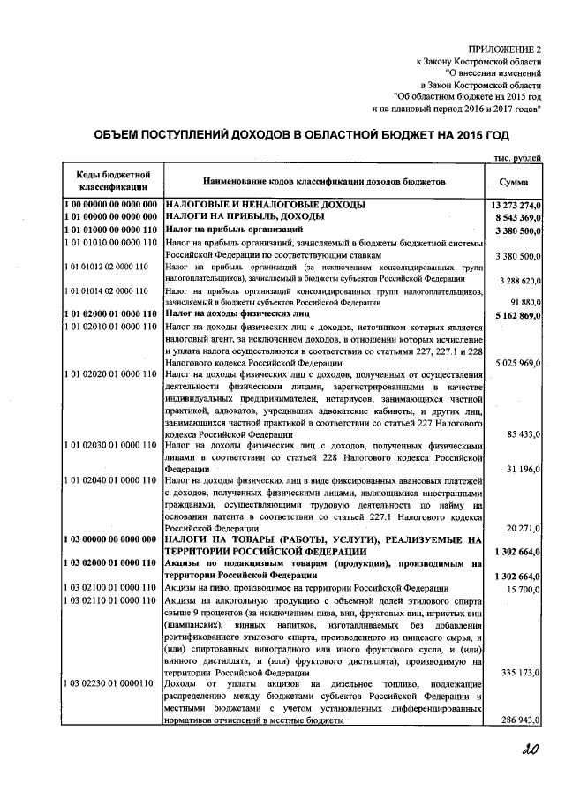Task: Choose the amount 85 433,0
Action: (524, 435)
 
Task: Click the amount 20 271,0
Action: (524, 527)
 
